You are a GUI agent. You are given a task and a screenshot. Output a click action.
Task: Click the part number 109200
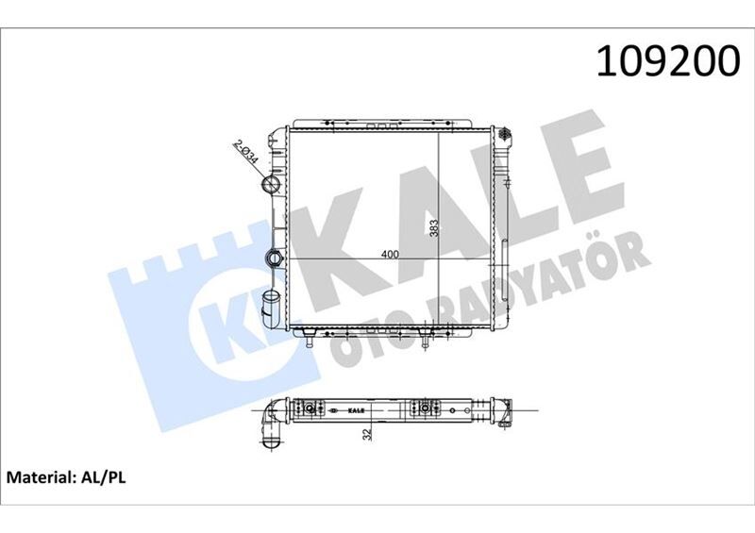(666, 61)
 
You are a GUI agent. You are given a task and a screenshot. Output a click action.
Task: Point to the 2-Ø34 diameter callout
(247, 154)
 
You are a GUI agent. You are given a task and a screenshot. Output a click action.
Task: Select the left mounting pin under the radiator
(310, 341)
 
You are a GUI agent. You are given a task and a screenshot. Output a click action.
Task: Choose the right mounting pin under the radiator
(426, 340)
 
